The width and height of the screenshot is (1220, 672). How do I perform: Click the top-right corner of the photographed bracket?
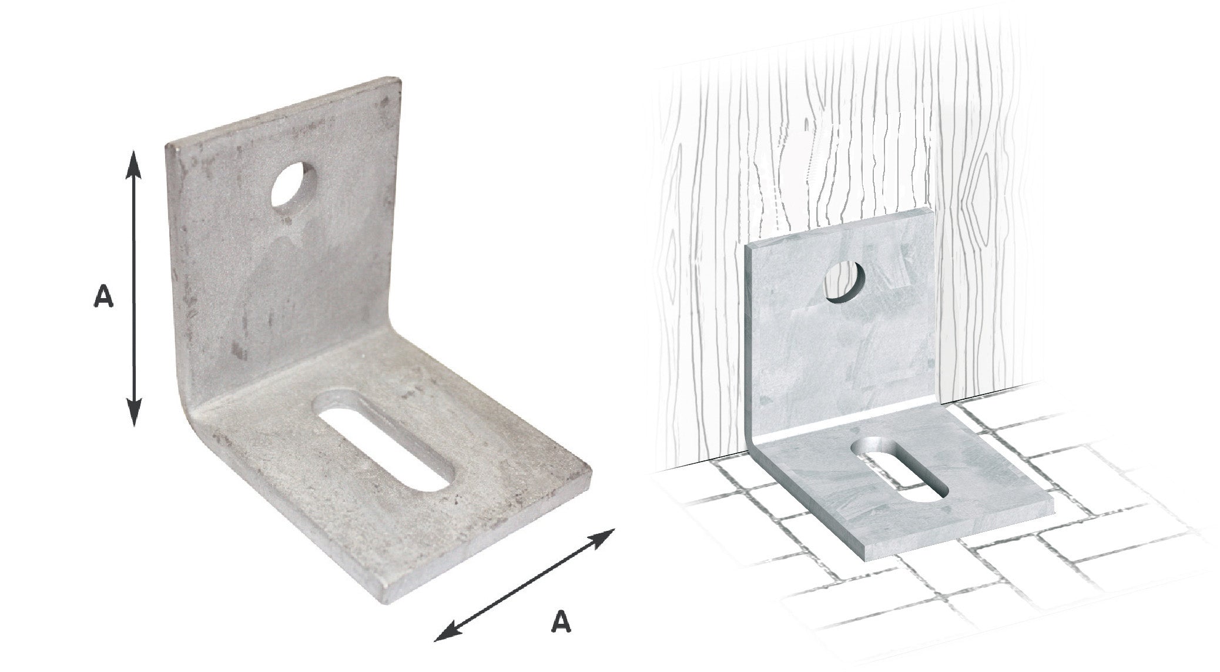pos(400,79)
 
